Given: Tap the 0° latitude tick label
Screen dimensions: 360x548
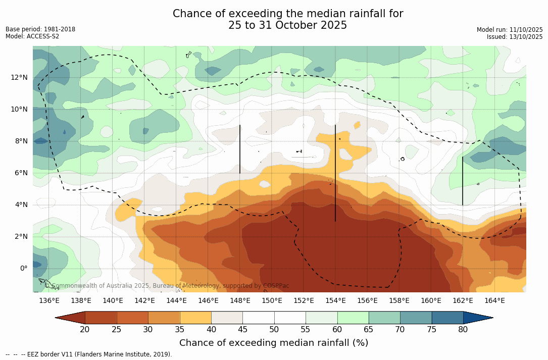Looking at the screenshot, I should coord(23,269).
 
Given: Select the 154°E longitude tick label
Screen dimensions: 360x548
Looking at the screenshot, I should coord(335,301).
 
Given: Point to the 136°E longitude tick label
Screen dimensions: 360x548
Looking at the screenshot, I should coord(49,301).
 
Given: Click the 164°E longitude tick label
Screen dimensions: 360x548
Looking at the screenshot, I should coord(494,301).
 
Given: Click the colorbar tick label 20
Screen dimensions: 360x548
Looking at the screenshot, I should coord(85,330).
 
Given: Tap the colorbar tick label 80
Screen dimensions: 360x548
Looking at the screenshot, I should coord(463,330).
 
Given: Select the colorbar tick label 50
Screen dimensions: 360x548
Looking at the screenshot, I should coord(274,330).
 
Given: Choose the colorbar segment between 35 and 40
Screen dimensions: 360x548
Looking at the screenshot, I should coord(195,318).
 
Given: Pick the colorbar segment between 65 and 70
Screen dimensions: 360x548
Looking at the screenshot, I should coord(384,318).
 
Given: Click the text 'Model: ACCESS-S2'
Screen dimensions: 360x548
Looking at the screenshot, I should coord(32,36).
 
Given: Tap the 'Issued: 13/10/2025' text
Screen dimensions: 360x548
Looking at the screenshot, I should coord(515,37).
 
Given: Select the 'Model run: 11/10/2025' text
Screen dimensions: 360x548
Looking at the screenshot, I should coord(510,30).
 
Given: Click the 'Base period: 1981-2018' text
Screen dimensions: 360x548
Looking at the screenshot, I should coord(40,29).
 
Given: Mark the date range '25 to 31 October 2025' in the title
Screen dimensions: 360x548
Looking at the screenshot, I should coord(288,25).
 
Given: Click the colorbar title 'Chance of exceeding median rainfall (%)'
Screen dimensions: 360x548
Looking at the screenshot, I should coord(274,343).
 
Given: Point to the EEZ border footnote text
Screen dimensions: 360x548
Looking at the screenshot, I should coord(89,354).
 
